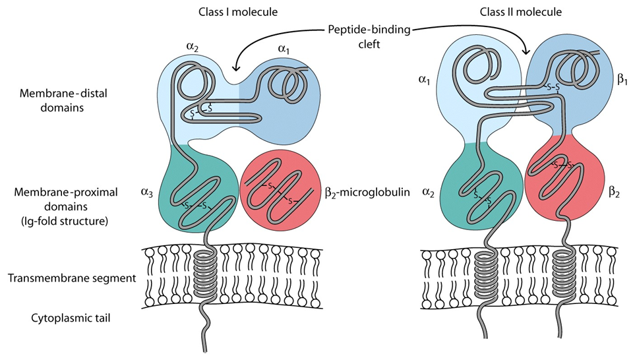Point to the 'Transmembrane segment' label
tap(72, 278)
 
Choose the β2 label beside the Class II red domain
tap(615, 193)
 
